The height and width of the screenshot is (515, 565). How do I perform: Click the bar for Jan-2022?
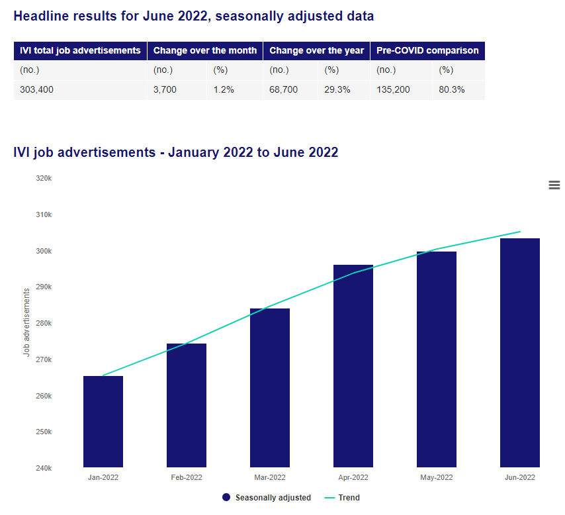coord(103,422)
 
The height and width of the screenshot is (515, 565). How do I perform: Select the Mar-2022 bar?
coord(270,388)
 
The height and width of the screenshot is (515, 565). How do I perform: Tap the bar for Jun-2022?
coord(520,353)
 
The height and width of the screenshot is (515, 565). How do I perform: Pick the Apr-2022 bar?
coord(353,366)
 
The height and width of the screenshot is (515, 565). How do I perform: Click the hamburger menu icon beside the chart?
coord(554,185)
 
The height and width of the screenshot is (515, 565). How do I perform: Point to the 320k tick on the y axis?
coord(44,178)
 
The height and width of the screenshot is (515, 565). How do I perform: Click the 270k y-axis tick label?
coord(44,359)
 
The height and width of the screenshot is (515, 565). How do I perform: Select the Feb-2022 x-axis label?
coord(187,477)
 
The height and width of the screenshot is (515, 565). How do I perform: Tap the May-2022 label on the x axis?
coord(437,477)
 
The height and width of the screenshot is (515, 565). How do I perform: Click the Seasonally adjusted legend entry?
coord(267,498)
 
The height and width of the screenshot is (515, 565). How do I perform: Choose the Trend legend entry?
coord(342,498)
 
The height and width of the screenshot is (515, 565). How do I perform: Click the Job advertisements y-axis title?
coord(26,322)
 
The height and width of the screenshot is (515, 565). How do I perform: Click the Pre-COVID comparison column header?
coord(427,50)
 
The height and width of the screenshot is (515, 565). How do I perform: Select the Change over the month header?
coord(205,50)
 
